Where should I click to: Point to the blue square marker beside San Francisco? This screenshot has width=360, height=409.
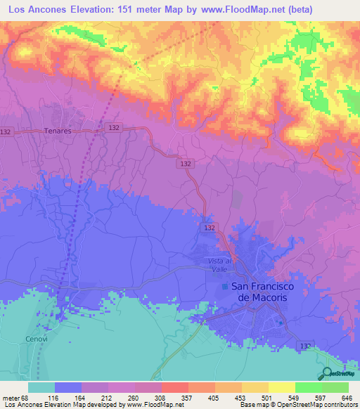pyautogui.click(x=225, y=287)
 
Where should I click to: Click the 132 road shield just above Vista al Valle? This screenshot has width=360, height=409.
pyautogui.click(x=210, y=228)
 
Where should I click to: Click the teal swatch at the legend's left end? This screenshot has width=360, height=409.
pyautogui.click(x=41, y=387)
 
